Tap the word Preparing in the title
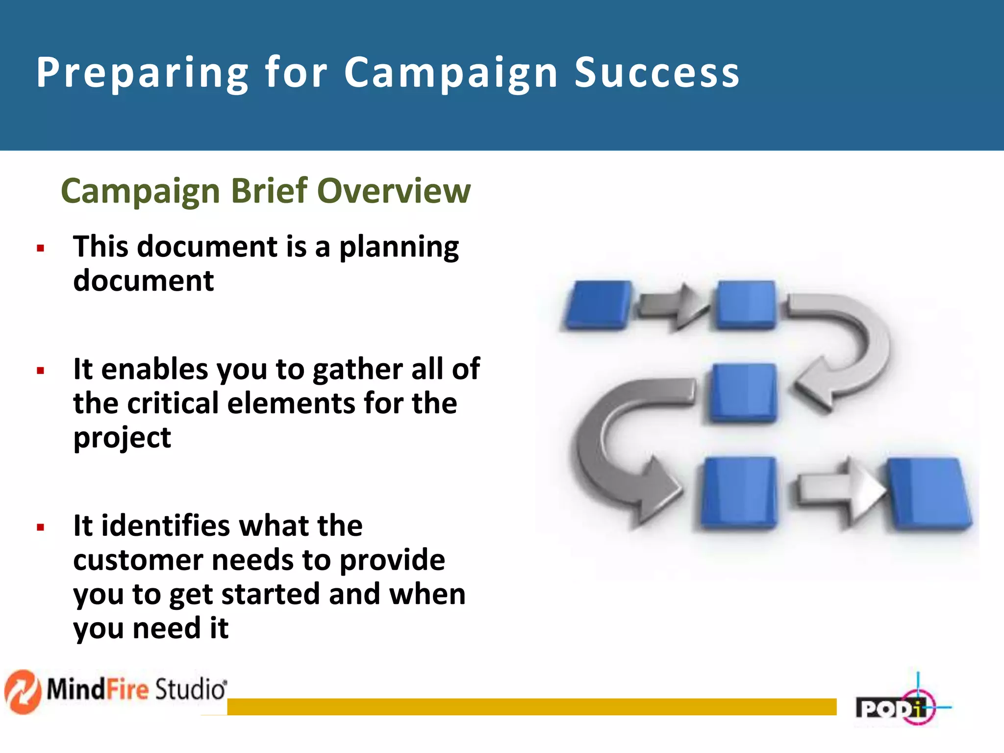tap(143, 74)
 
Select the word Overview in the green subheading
tap(394, 191)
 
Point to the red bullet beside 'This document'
tap(41, 249)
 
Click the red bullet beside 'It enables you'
tap(41, 371)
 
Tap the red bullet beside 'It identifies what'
tap(41, 528)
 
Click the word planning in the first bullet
tap(399, 248)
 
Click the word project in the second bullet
tap(122, 438)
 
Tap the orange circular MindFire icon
tap(22, 691)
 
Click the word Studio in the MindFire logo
tap(190, 689)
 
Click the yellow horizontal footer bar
tap(531, 706)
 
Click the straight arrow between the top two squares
tap(673, 306)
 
